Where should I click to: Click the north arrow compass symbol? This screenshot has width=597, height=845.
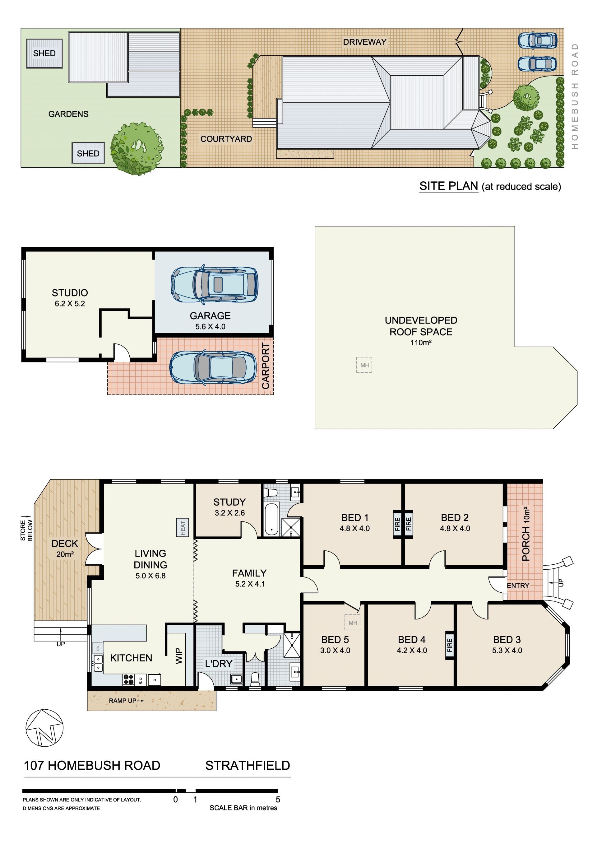click(44, 728)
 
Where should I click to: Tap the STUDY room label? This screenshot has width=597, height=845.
click(229, 502)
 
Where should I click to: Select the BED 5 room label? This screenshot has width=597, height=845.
click(335, 640)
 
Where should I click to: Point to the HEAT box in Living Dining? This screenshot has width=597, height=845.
click(183, 527)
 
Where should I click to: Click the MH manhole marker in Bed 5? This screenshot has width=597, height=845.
click(353, 623)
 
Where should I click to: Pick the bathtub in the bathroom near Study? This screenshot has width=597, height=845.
click(271, 519)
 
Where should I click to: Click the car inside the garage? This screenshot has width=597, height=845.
click(215, 284)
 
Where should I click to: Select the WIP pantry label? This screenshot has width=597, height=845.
click(179, 656)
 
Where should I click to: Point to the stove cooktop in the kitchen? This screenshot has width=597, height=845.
click(128, 679)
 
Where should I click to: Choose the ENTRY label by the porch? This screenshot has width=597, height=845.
click(518, 585)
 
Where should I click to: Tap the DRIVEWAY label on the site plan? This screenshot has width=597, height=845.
click(364, 42)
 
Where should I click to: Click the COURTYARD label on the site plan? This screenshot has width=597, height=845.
click(226, 139)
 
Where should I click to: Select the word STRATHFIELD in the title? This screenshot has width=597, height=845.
click(248, 765)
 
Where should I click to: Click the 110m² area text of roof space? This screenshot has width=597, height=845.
click(421, 342)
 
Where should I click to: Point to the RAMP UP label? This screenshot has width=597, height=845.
click(123, 701)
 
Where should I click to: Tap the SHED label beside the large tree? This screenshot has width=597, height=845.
click(88, 153)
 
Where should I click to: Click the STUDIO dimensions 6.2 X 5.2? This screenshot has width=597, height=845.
click(70, 304)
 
